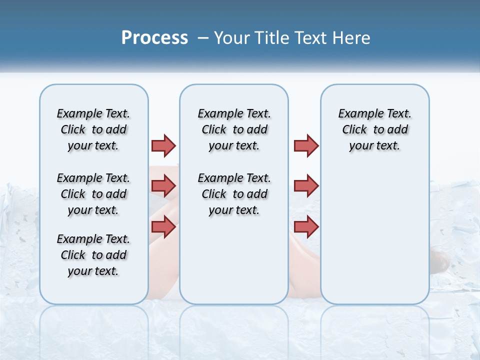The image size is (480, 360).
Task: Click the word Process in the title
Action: click(x=154, y=37)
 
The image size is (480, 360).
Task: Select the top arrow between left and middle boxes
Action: click(x=163, y=145)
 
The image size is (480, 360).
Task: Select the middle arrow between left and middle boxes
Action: click(x=163, y=186)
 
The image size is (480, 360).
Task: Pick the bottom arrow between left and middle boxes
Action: click(x=163, y=226)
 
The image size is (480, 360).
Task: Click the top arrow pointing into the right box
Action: click(x=306, y=145)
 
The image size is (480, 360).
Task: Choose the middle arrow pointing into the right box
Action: click(x=306, y=186)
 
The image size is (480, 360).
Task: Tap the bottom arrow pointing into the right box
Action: click(x=306, y=226)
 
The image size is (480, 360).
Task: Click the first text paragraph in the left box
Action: click(x=93, y=129)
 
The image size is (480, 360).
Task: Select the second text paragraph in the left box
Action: click(x=93, y=194)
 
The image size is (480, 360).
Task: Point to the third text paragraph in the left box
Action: click(x=93, y=255)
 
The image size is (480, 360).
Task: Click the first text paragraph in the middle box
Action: click(x=234, y=129)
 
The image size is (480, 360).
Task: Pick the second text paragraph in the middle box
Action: click(x=234, y=194)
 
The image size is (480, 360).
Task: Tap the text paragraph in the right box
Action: click(x=375, y=129)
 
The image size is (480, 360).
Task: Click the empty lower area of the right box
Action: click(x=375, y=240)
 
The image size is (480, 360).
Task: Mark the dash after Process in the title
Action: click(x=203, y=38)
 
